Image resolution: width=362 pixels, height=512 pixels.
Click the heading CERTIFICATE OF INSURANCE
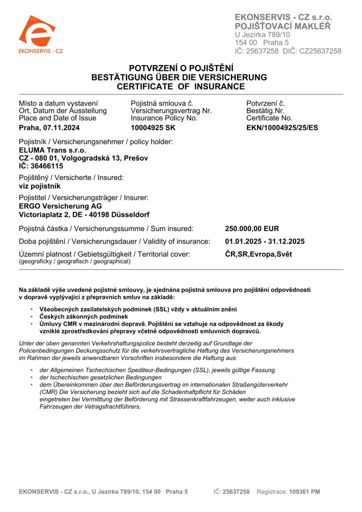[x=180, y=86]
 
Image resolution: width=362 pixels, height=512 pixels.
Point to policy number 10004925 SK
[x=153, y=127]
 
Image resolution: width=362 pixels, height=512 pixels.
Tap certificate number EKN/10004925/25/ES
[x=282, y=127]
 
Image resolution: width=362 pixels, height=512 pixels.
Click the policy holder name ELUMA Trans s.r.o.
[x=52, y=149]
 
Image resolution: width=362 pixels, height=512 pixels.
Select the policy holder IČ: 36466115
[x=41, y=165]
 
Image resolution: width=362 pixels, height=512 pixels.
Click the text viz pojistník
[x=40, y=185]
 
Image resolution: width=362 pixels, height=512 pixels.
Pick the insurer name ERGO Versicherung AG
[x=60, y=206]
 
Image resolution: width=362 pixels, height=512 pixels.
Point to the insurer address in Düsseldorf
[x=84, y=214]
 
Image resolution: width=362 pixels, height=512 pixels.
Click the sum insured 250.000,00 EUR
[x=252, y=228]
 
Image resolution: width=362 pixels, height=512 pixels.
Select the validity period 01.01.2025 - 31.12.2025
[x=265, y=241]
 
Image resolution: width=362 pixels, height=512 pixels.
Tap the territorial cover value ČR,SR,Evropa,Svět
[x=258, y=254]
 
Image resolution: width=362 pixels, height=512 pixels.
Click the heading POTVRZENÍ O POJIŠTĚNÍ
[x=181, y=68]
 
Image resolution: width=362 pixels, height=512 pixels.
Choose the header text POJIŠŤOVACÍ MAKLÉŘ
[x=282, y=26]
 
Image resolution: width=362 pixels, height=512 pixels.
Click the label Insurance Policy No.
[x=164, y=118]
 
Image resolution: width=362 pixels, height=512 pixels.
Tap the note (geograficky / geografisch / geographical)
[x=74, y=261]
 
